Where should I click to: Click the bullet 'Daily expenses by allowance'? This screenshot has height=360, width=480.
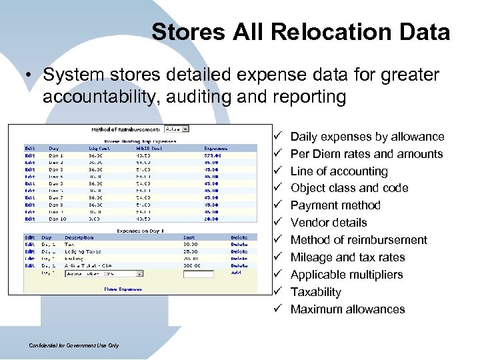367,137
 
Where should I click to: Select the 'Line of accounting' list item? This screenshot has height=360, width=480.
339,171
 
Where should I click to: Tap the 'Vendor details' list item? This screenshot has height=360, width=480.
329,223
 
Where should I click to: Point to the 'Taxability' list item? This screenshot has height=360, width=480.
315,292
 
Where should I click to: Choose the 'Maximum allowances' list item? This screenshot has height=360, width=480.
347,309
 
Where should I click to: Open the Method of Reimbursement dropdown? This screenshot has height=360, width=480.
177,129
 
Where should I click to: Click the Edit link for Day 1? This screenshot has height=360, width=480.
30,155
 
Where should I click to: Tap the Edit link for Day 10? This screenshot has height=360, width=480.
30,219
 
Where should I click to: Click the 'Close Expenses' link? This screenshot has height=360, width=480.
122,289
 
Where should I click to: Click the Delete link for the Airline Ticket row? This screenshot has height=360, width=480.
239,266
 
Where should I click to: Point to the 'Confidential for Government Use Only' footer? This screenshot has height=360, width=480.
74,345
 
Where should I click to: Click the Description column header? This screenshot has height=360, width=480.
79,237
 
